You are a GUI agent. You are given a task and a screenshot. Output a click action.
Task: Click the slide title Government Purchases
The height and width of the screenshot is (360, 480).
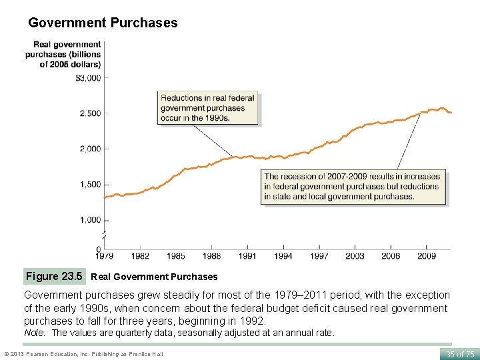pos(103,23)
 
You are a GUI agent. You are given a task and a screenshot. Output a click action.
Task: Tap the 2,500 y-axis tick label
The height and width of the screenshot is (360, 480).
pos(89,113)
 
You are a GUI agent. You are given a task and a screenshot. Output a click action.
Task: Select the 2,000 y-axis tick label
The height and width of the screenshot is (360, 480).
pos(89,149)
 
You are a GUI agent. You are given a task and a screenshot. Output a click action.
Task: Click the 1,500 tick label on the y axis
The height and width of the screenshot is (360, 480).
pos(89,185)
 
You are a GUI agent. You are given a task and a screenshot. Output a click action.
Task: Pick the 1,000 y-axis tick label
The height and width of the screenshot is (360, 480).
pos(89,220)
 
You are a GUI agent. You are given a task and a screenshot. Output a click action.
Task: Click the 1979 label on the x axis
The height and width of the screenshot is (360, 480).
pos(105,256)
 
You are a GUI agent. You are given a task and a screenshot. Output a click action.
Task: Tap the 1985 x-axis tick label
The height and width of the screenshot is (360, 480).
pos(175,256)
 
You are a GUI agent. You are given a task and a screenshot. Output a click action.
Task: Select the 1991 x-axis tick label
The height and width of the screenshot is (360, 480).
pos(247,256)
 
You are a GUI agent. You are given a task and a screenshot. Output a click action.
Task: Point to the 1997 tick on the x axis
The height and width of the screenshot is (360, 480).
pos(319,256)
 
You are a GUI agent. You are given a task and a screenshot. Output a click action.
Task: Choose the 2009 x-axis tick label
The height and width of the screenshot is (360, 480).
pos(426,256)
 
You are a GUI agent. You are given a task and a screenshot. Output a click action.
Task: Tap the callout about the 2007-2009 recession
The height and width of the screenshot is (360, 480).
pos(353,187)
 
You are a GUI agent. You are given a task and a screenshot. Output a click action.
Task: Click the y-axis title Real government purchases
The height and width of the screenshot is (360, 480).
pos(63,55)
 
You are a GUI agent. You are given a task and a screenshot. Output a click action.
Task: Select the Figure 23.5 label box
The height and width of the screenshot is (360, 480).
pos(54,276)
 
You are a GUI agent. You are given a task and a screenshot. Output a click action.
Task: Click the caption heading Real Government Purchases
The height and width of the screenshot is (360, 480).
pos(154,277)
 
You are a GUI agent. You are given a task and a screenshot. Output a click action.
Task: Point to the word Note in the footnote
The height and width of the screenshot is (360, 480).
pos(35,333)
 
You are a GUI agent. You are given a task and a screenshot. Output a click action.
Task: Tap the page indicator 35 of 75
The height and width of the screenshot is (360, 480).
pos(459,354)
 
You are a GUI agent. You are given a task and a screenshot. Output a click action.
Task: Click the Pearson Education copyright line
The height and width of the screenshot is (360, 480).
pos(83,354)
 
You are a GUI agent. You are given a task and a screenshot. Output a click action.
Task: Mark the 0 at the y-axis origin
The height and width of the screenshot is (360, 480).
pos(98,249)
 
